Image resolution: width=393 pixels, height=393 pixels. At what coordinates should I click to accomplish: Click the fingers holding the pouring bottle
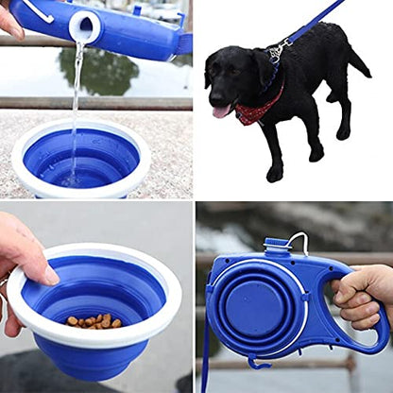[x=9, y=21]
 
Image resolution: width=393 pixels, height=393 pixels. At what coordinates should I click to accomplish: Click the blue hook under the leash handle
[x=258, y=362]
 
